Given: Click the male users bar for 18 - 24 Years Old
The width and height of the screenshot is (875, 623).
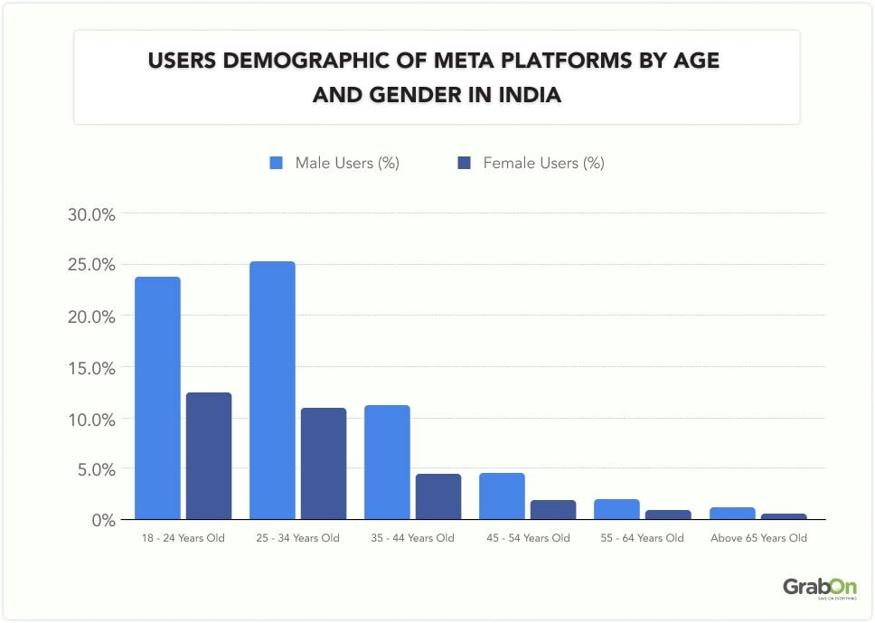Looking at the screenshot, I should tap(157, 398).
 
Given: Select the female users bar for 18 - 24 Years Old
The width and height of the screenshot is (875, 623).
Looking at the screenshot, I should tap(209, 456).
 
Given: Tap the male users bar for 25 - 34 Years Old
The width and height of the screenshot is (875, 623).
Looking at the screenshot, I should tap(272, 391).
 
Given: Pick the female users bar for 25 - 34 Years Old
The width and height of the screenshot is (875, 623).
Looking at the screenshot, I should tap(324, 463).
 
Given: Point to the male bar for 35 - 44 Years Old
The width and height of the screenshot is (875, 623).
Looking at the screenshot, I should tap(387, 462).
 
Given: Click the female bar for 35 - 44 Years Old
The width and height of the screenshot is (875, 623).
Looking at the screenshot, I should tap(438, 496).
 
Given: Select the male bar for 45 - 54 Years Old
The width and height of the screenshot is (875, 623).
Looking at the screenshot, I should tap(502, 496).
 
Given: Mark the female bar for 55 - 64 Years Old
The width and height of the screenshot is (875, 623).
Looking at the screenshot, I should tap(668, 514).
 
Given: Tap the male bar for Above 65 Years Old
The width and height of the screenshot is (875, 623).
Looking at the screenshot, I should tap(731, 514).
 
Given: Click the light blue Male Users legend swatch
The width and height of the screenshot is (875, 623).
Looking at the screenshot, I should tap(277, 164).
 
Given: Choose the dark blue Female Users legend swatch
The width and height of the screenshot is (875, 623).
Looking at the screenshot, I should tap(465, 164).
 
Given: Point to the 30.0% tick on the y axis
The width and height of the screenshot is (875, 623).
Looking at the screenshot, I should tap(90, 215).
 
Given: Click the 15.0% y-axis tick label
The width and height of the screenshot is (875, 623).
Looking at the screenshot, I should tap(90, 368).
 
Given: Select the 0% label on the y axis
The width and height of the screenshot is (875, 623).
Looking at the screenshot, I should tap(101, 521).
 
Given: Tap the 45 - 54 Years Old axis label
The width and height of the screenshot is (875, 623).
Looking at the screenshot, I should tap(527, 538).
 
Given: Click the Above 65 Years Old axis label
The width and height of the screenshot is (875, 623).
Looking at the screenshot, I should tap(757, 538).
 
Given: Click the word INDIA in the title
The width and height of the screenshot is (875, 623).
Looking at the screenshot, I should tap(530, 94).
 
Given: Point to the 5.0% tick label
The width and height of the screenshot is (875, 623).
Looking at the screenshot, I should tap(94, 470).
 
